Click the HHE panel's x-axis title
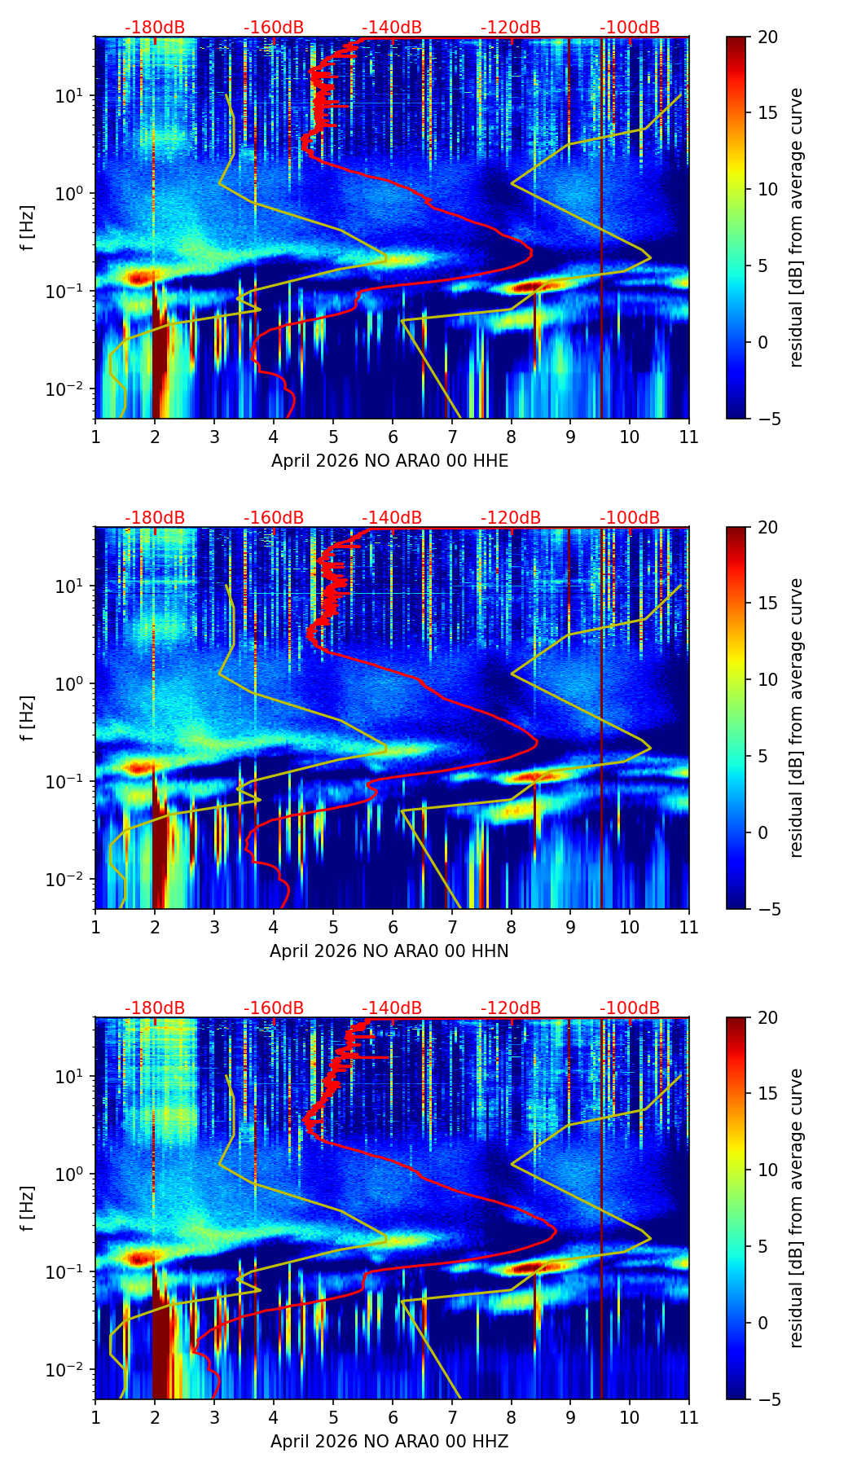(x=389, y=461)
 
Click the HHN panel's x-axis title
(x=389, y=951)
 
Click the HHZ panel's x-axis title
(x=389, y=1442)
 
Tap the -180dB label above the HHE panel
(x=155, y=28)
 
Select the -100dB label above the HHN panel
(x=630, y=518)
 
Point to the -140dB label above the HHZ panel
(x=392, y=1008)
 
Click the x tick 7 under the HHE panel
(x=451, y=437)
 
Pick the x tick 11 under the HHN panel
(x=688, y=927)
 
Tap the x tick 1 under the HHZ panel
(x=95, y=1417)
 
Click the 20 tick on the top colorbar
(x=767, y=37)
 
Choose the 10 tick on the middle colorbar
(x=767, y=679)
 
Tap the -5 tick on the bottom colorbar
(x=767, y=1399)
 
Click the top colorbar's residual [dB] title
(x=796, y=227)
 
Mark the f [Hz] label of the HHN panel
(x=29, y=718)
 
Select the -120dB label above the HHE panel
(x=511, y=28)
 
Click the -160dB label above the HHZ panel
(x=274, y=1008)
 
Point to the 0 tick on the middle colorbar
(x=763, y=832)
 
